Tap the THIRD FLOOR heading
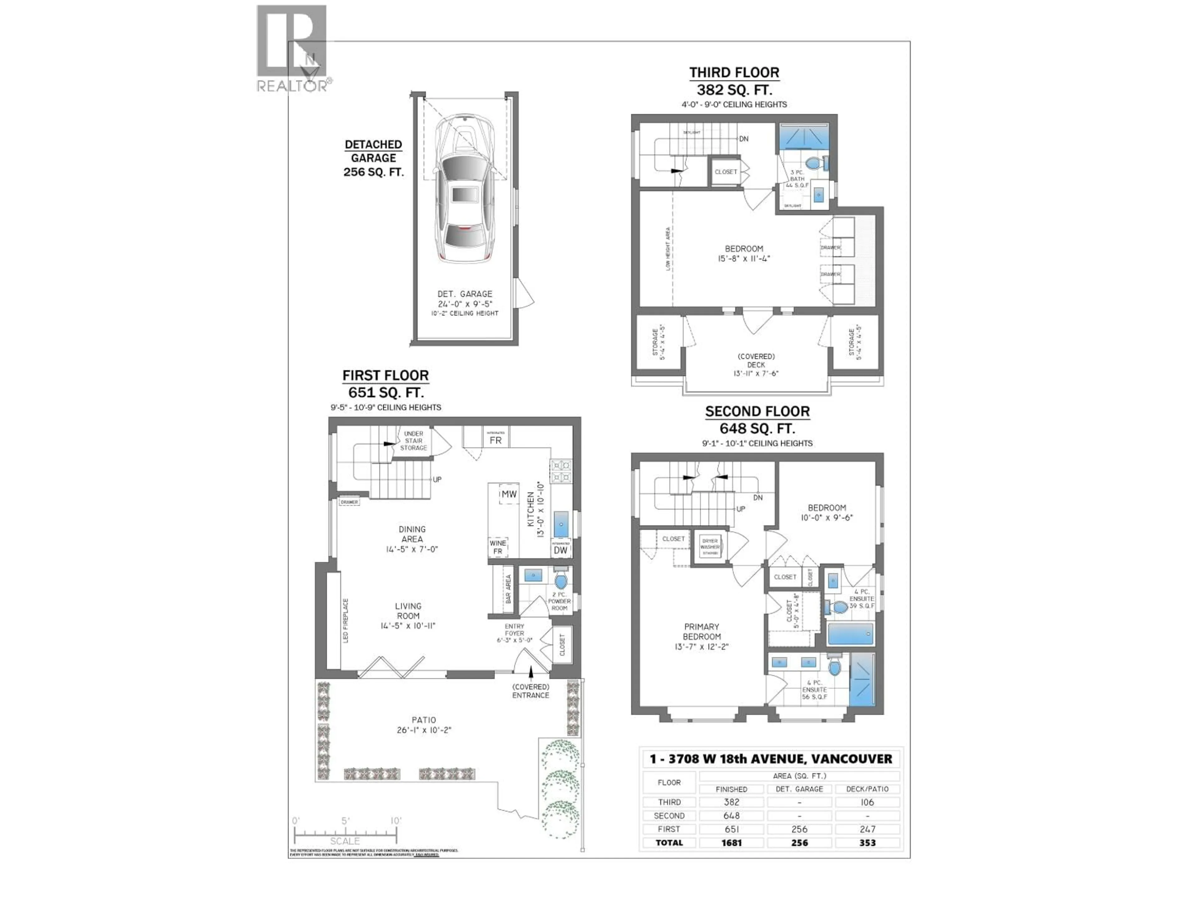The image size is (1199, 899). tap(734, 73)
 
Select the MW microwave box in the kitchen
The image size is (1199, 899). tap(508, 494)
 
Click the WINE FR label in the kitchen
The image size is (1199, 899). tap(498, 547)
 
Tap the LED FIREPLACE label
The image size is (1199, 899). tap(345, 621)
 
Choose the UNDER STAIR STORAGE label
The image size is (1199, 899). tap(414, 440)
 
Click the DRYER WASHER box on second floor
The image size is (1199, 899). tap(709, 547)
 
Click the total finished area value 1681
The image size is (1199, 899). tap(731, 843)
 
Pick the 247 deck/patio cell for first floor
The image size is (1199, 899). tap(867, 829)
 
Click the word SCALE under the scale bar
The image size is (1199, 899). tap(345, 841)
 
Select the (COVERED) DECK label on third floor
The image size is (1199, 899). tap(756, 360)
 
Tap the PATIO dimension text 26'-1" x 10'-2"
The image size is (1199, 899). tap(424, 730)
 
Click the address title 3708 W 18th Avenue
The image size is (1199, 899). tap(771, 759)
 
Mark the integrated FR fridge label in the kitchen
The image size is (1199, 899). tap(496, 440)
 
